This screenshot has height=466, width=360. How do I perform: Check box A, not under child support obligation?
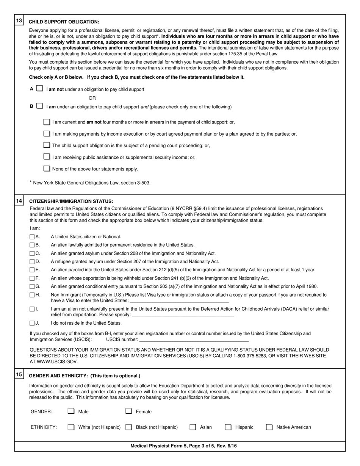[x=39, y=89]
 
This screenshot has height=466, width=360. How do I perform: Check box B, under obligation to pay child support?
[x=39, y=106]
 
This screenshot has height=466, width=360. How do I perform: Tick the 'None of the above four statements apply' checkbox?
[x=47, y=169]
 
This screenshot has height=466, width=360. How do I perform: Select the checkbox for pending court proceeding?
[x=47, y=145]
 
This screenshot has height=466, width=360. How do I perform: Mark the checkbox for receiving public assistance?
[x=47, y=157]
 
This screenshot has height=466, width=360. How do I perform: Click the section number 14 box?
[x=19, y=201]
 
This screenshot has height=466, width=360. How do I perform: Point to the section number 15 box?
[x=19, y=375]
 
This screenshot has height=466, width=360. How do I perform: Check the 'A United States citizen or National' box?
[x=32, y=237]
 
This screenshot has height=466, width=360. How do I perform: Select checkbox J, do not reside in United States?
[x=32, y=323]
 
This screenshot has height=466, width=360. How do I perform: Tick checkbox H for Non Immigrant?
[x=32, y=295]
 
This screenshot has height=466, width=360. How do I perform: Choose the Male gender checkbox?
[x=71, y=411]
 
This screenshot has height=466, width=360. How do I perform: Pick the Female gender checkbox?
[x=129, y=411]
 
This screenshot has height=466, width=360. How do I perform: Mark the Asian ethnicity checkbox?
[x=193, y=427]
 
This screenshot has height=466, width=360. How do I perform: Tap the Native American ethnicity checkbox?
[x=269, y=427]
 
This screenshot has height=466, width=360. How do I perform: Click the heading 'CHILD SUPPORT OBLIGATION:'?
[x=64, y=22]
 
